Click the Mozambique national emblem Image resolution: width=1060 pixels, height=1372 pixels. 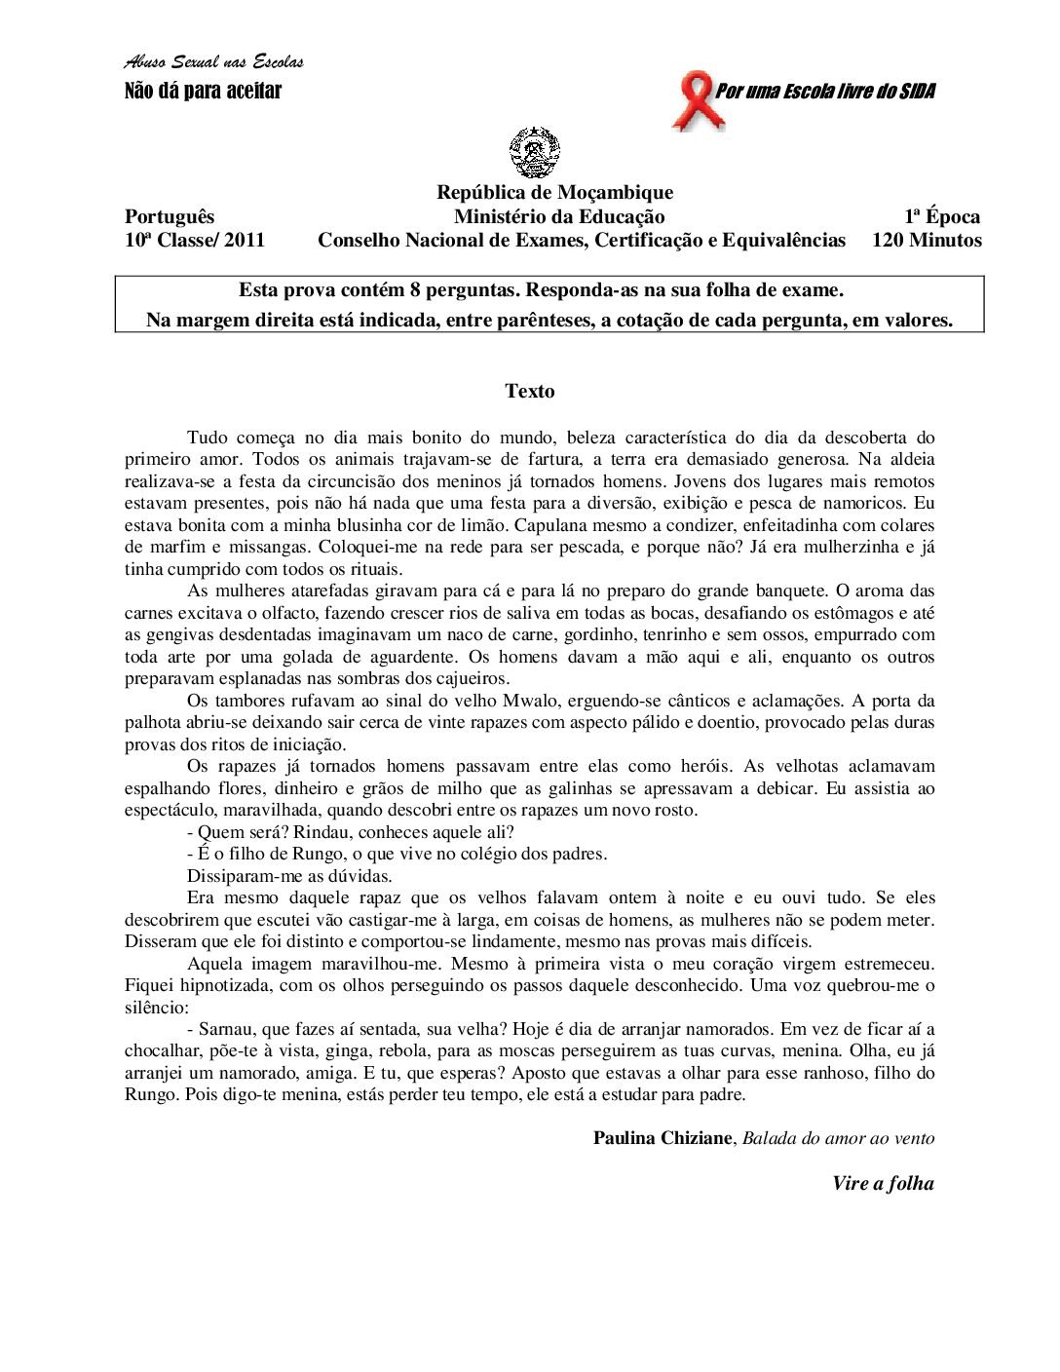click(534, 153)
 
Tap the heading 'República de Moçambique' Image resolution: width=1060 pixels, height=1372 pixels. click(554, 193)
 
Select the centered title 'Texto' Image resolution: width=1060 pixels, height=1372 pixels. click(530, 392)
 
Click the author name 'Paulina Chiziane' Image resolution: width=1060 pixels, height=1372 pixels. click(662, 1138)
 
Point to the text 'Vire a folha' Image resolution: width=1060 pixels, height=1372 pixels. click(883, 1184)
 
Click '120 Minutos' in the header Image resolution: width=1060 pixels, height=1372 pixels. click(927, 241)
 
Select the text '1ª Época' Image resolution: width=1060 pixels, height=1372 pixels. click(941, 217)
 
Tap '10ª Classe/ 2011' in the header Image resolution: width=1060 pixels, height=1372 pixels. click(195, 241)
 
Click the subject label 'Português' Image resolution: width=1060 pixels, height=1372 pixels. click(170, 217)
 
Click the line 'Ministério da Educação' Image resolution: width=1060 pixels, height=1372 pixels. click(559, 217)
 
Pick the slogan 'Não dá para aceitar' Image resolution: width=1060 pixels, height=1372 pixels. click(203, 92)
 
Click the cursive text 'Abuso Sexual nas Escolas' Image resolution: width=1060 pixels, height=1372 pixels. click(213, 62)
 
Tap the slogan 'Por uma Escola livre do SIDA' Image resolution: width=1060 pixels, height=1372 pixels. click(825, 92)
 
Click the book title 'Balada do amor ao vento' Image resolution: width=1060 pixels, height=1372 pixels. click(838, 1138)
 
